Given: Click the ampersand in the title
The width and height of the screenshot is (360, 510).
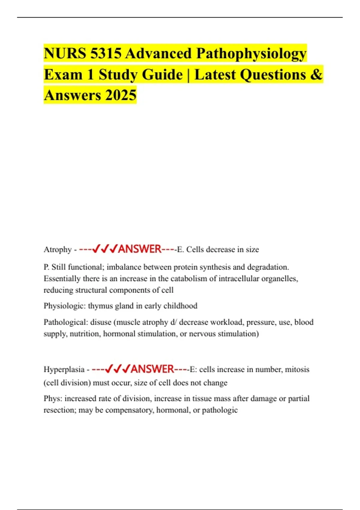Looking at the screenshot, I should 316,74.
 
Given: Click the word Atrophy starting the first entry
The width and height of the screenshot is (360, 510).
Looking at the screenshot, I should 58,250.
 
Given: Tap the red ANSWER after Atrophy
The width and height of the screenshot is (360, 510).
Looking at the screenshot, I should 140,249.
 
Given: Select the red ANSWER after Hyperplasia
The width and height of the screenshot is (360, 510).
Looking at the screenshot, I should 152,369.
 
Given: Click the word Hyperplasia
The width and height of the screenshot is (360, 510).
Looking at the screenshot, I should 64,369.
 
